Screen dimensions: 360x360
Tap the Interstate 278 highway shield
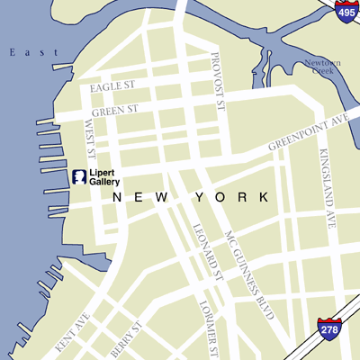click(x=328, y=329)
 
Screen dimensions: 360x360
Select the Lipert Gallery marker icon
click(x=78, y=175)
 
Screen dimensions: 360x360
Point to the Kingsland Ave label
click(x=328, y=193)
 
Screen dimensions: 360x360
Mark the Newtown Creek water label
click(x=323, y=69)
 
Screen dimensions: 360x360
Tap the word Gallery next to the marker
click(x=104, y=182)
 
